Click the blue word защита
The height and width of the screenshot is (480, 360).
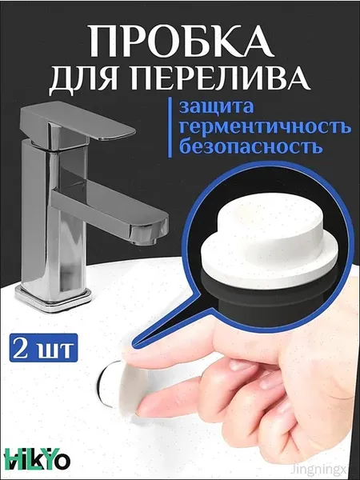[217, 107]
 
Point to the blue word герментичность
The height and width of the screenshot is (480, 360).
[265, 126]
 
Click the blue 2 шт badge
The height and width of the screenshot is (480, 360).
[43, 348]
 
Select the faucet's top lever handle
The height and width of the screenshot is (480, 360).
[78, 125]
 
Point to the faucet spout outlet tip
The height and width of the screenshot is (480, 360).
[145, 240]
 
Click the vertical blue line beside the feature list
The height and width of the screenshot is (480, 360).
[170, 128]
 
